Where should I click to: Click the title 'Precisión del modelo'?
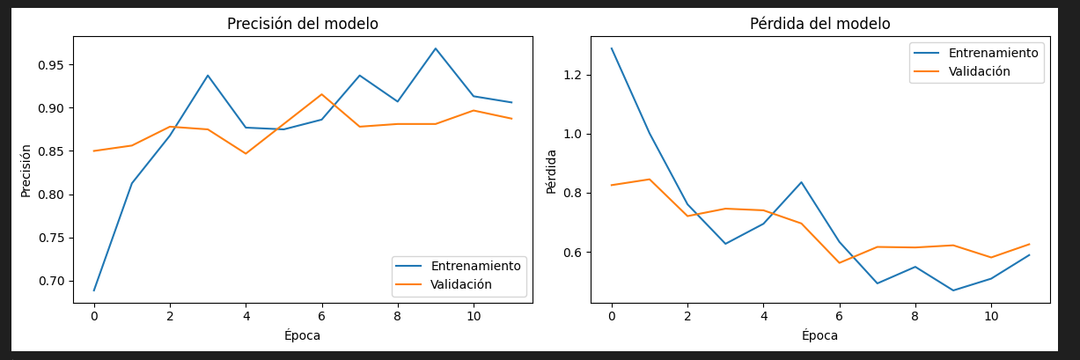tap(302, 24)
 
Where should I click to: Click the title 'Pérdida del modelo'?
tap(819, 24)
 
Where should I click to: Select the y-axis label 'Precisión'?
tap(26, 170)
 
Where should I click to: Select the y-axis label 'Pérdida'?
tap(551, 171)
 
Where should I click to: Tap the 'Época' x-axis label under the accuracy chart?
tap(302, 335)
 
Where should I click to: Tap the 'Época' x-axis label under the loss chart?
tap(819, 335)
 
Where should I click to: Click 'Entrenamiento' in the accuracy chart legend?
tap(475, 266)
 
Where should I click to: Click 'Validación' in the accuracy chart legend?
tap(460, 284)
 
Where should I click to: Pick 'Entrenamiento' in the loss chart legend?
tap(993, 53)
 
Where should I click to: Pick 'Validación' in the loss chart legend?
tap(979, 71)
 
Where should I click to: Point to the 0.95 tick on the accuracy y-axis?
tap(50, 65)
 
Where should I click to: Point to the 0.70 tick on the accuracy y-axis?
tap(50, 281)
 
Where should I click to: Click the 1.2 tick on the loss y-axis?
tap(572, 75)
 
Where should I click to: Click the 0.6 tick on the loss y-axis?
tap(572, 253)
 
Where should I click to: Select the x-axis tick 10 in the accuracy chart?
tap(473, 314)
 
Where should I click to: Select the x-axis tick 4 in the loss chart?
tap(763, 314)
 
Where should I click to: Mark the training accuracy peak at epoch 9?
tap(435, 48)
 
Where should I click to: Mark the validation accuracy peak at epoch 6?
tap(321, 94)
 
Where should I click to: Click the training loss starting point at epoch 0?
tap(612, 48)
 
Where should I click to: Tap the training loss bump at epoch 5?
tap(801, 182)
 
